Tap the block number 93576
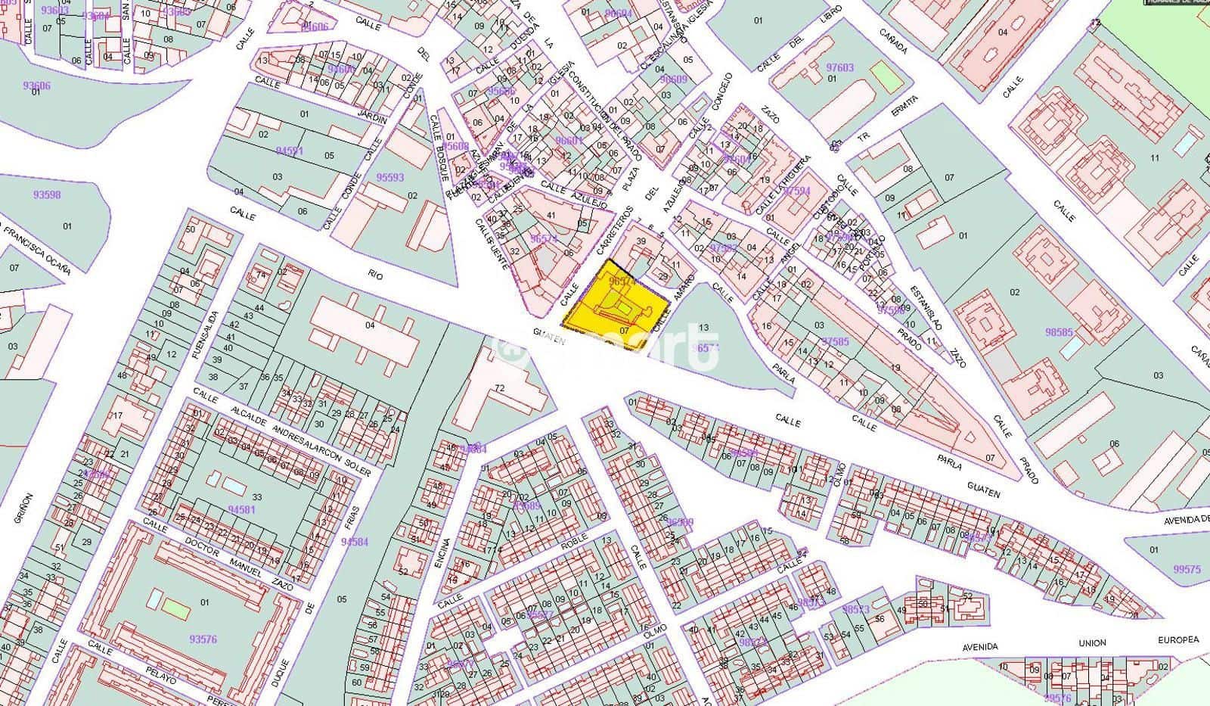[203, 639]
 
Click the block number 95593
[390, 178]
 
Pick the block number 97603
[839, 67]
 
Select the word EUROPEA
[1178, 640]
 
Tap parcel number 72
[499, 388]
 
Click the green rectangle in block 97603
[883, 73]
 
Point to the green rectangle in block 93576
[175, 607]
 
